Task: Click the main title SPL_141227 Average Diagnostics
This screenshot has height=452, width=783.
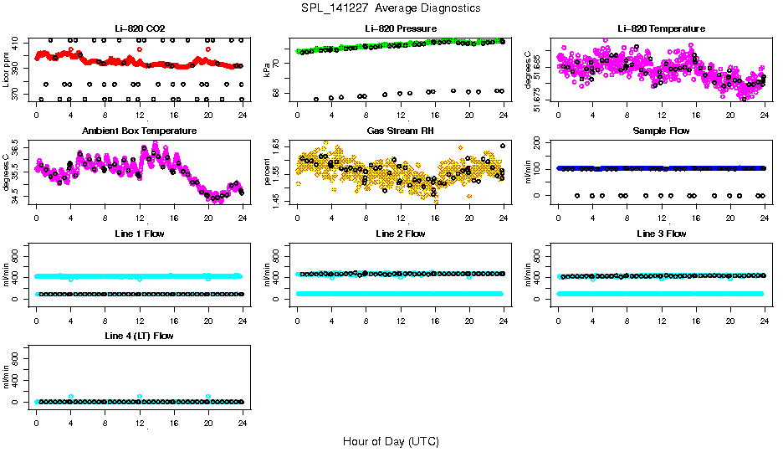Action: point(391,8)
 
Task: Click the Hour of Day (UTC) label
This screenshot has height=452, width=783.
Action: point(391,440)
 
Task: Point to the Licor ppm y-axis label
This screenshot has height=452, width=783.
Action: point(7,70)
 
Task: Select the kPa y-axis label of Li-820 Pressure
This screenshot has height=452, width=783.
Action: point(268,70)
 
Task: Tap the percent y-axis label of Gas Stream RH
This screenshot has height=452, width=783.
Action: point(268,172)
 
